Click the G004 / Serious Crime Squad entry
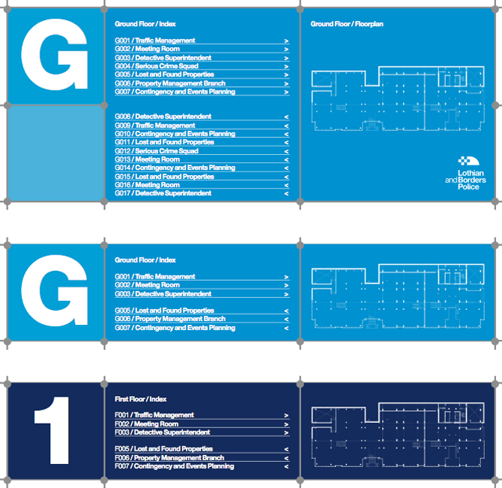coord(157,66)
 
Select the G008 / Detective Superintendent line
coord(163,117)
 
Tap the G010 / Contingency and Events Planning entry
coord(175,134)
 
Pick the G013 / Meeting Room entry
coord(148,159)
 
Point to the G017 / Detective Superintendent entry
coord(163,193)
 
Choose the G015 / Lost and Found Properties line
coord(164,177)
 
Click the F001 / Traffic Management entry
coord(154,415)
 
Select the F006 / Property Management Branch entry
coord(169,458)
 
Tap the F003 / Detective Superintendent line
coord(163,433)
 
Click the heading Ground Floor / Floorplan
coord(347,24)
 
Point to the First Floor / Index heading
coord(141,399)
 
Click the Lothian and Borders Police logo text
coord(465,180)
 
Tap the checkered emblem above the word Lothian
coord(468,161)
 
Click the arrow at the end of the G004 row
coord(286,67)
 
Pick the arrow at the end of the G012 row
coord(286,152)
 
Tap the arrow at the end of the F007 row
coord(286,467)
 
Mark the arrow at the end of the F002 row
coord(286,424)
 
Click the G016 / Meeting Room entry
coord(148,185)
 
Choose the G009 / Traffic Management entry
coord(155,125)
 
